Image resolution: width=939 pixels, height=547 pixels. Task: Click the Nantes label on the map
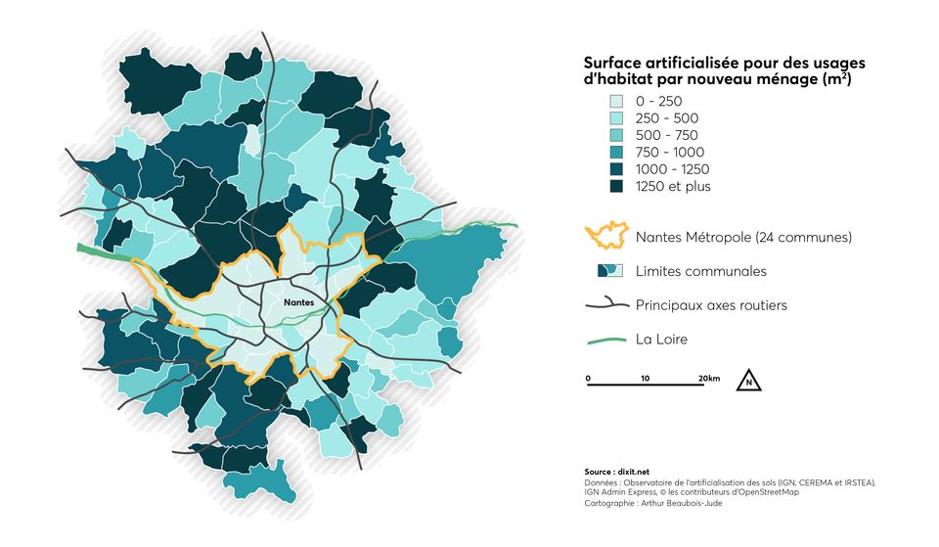(x=298, y=303)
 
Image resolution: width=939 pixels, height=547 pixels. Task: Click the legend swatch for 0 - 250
(x=616, y=101)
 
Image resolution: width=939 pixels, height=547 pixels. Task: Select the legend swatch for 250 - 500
(x=616, y=118)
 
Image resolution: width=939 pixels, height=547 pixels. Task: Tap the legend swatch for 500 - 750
(x=616, y=135)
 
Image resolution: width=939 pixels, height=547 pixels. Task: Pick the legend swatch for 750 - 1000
(x=616, y=153)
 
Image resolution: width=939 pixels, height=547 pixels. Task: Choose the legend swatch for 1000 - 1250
(x=616, y=169)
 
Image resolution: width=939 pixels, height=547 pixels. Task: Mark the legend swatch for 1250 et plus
(x=616, y=186)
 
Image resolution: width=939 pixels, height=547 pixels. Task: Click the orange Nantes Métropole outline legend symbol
(x=604, y=237)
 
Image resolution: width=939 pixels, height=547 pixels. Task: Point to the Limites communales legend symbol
(x=607, y=271)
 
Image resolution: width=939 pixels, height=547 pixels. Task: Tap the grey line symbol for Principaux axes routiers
(x=604, y=305)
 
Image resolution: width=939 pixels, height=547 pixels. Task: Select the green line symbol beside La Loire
(x=604, y=340)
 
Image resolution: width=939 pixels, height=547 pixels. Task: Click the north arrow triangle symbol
(x=748, y=380)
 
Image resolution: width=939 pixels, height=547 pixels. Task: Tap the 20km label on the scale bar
(x=708, y=378)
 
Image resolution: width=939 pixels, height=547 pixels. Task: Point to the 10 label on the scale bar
(x=645, y=378)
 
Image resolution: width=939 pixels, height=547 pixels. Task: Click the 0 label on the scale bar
(x=588, y=378)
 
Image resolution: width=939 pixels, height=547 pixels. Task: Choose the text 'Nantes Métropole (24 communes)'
(x=743, y=238)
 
